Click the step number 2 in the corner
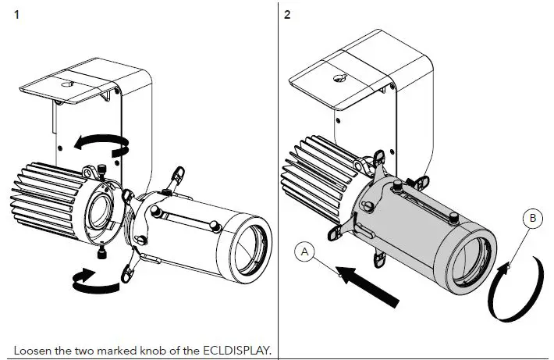pyautogui.click(x=288, y=15)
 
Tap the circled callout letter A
pyautogui.click(x=305, y=252)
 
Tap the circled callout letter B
pyautogui.click(x=532, y=219)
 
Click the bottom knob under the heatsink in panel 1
pyautogui.click(x=103, y=252)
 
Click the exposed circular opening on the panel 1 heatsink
pyautogui.click(x=100, y=211)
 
